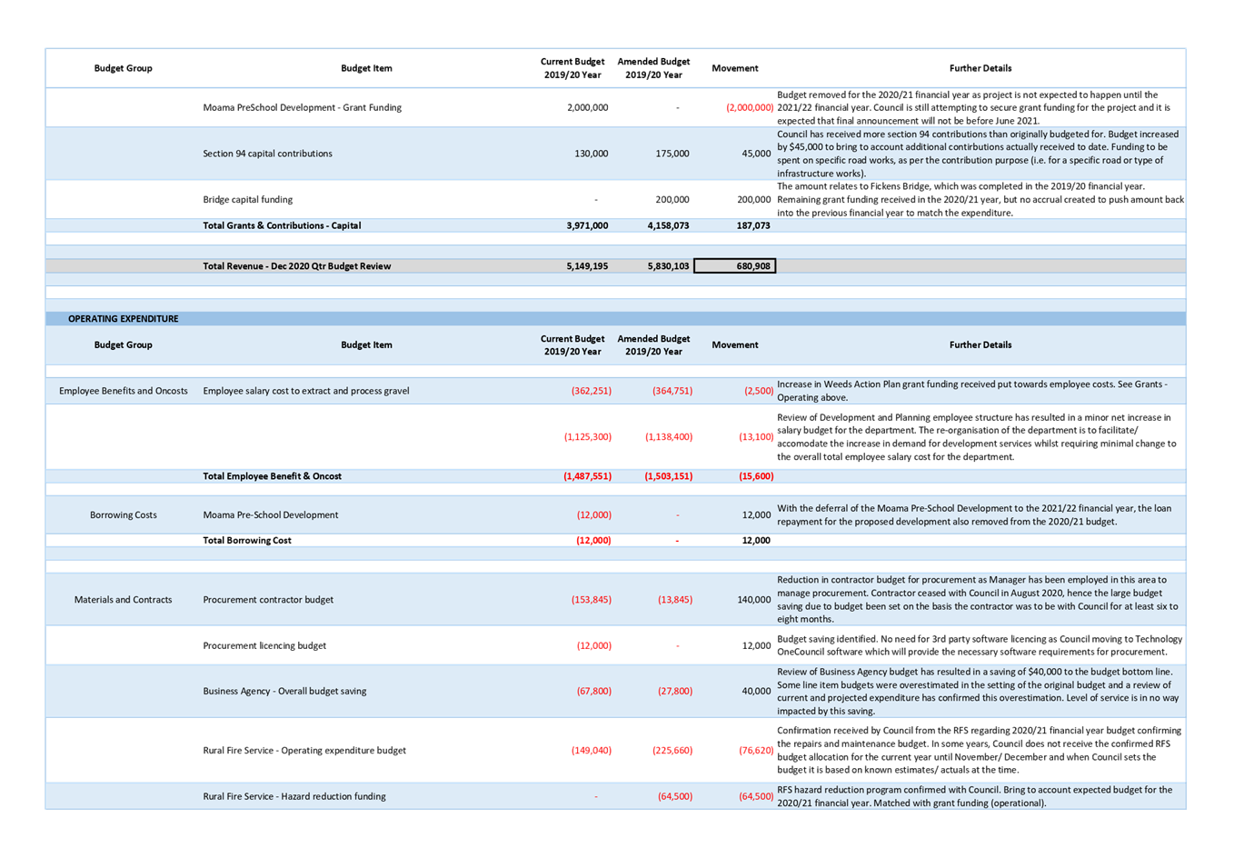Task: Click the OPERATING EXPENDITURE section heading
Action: click(123, 319)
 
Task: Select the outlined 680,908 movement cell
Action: click(734, 266)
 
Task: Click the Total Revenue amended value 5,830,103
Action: click(668, 266)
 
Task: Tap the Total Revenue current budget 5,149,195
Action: click(587, 266)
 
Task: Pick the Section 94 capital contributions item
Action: click(267, 154)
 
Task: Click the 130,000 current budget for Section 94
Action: click(591, 154)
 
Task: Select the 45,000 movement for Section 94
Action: click(756, 154)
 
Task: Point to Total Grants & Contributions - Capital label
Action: click(282, 225)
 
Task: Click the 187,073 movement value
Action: click(753, 225)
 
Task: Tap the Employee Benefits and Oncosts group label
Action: click(124, 391)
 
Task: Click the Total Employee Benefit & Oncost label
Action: click(272, 476)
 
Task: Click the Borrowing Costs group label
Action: click(124, 515)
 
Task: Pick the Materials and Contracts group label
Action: click(124, 600)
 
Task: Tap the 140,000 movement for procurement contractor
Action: click(753, 600)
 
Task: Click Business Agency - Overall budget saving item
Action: click(284, 691)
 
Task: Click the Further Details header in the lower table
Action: click(980, 345)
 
